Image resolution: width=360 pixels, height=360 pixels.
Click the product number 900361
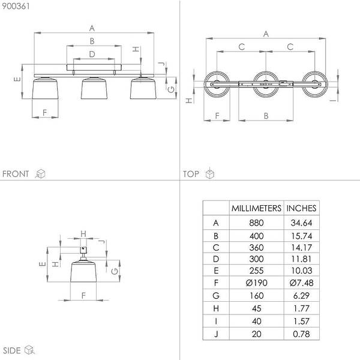click(16, 6)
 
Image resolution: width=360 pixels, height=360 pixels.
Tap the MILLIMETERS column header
click(256, 208)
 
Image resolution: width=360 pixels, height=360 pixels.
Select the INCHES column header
click(301, 208)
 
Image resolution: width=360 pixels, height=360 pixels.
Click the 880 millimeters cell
click(256, 223)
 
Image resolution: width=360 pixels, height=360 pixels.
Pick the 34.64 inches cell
click(301, 223)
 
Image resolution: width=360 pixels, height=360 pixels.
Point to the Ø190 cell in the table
click(256, 283)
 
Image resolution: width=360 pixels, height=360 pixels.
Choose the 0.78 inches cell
click(301, 334)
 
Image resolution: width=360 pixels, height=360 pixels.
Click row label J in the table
click(216, 334)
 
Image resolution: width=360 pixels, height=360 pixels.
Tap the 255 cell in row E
click(256, 271)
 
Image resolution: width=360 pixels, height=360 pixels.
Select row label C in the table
click(216, 247)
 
